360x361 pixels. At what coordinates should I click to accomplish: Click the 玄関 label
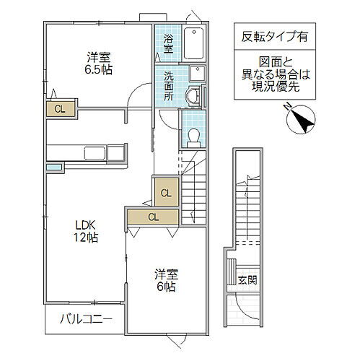click(246, 279)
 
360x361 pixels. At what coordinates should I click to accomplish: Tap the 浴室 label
click(167, 43)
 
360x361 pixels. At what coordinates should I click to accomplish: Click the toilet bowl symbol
click(193, 136)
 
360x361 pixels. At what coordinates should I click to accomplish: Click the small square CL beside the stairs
click(165, 193)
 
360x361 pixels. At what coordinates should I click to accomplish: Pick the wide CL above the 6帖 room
click(153, 216)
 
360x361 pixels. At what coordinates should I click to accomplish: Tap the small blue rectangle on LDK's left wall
click(54, 168)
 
